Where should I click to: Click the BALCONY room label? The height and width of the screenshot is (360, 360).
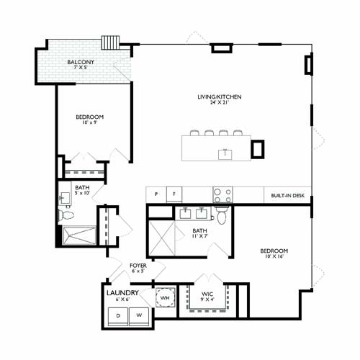[x=80, y=63]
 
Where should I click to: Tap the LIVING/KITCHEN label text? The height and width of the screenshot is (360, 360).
[x=220, y=96]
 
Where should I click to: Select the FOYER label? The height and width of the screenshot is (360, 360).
[x=138, y=265]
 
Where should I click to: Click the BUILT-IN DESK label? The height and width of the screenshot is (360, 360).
[x=287, y=195]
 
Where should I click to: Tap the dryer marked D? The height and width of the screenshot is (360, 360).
[x=117, y=315]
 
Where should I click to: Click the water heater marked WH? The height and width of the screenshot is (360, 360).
[x=165, y=297]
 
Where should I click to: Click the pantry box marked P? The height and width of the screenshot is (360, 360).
[x=156, y=195]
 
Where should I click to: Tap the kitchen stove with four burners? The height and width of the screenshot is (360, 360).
[x=222, y=195]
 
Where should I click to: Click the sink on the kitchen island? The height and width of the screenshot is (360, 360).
[x=225, y=153]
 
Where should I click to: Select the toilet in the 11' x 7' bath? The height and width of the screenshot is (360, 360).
[x=222, y=216]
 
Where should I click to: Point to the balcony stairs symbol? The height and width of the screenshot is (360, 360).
[x=111, y=42]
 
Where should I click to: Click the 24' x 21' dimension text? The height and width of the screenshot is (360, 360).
[x=220, y=104]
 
